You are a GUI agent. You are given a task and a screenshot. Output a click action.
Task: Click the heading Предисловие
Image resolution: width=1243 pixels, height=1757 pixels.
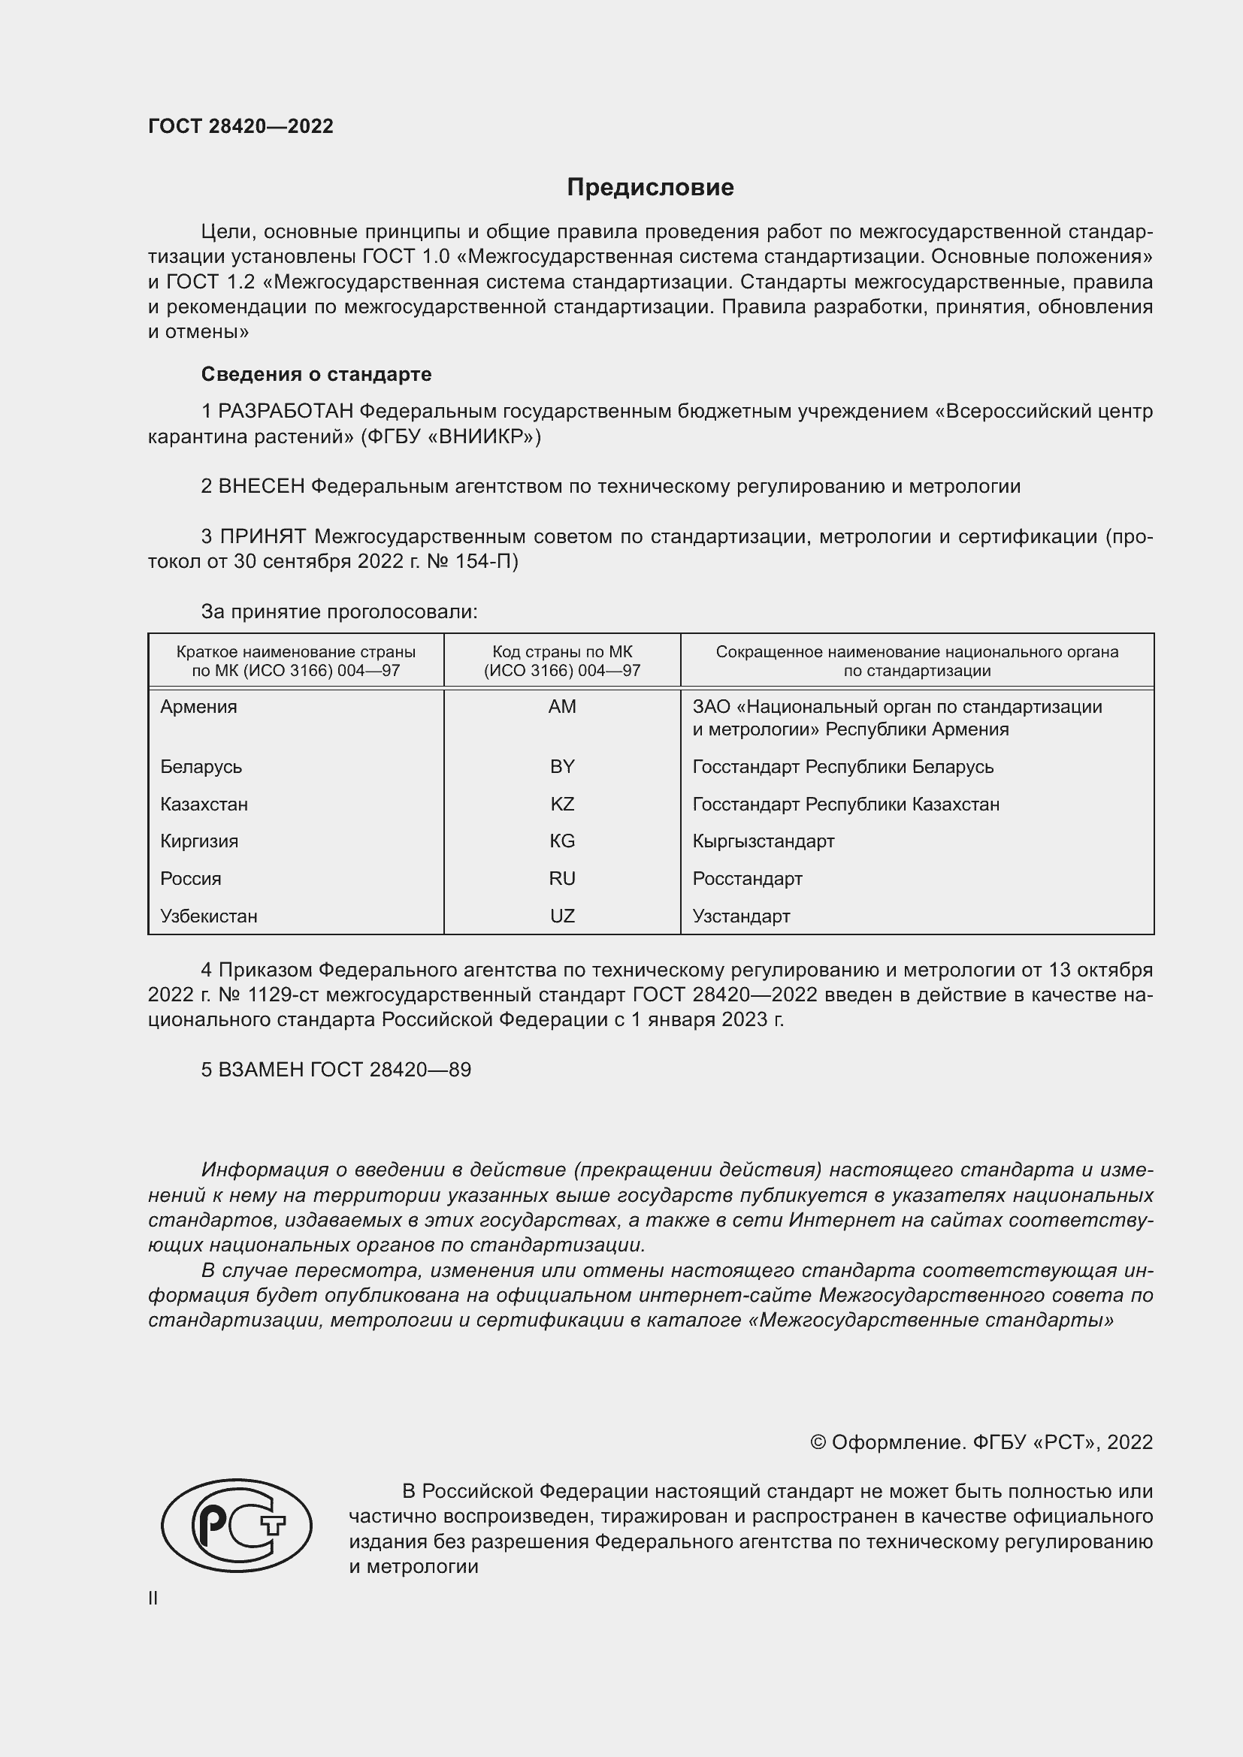click(650, 188)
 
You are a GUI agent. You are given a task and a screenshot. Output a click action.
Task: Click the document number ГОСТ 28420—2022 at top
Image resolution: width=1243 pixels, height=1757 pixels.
click(240, 126)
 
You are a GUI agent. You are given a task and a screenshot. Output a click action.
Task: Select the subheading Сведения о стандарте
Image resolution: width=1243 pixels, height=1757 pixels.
click(316, 374)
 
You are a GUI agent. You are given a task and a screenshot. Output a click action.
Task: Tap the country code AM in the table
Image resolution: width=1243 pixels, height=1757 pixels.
click(562, 706)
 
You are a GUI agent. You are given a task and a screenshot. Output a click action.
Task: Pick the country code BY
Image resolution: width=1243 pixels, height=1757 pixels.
click(562, 766)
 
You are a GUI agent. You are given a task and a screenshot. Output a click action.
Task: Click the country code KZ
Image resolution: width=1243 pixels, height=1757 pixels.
click(562, 804)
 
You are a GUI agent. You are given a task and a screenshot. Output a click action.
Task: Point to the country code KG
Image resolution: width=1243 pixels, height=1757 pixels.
click(562, 841)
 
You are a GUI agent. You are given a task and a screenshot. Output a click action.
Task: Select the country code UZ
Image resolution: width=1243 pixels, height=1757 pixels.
click(562, 916)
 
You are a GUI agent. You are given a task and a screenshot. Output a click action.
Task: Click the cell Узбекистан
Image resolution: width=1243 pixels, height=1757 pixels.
click(208, 916)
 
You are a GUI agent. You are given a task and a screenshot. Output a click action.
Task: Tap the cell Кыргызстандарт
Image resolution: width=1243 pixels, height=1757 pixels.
click(763, 841)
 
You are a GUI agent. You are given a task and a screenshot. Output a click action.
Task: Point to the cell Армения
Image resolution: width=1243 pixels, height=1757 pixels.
click(198, 706)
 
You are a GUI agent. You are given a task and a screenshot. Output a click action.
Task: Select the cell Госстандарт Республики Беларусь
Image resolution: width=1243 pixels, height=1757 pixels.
click(842, 766)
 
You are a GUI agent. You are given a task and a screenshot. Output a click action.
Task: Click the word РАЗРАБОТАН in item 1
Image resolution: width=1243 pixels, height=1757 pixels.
click(286, 412)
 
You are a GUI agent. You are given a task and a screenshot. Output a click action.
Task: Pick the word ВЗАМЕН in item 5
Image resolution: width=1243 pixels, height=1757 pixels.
click(261, 1070)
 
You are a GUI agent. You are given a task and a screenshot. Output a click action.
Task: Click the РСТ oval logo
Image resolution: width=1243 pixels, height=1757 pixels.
click(237, 1525)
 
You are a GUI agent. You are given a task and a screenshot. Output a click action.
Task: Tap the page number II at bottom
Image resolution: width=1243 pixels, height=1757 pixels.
click(153, 1598)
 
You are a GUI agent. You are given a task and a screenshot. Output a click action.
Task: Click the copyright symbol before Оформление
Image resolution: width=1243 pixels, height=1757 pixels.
click(818, 1442)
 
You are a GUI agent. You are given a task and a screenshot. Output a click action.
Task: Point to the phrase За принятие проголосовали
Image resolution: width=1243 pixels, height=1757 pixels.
click(339, 611)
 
